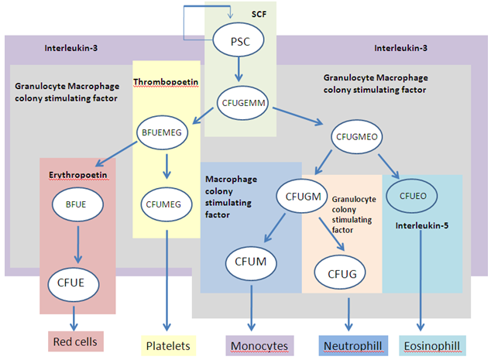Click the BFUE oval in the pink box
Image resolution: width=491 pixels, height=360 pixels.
click(x=77, y=205)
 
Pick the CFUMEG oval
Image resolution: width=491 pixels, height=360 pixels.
click(x=164, y=205)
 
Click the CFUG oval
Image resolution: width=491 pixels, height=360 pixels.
click(x=340, y=272)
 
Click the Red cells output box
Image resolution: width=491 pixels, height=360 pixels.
click(x=77, y=341)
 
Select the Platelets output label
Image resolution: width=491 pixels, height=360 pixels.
click(x=167, y=344)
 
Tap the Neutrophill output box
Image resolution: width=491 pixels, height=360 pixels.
click(x=345, y=345)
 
